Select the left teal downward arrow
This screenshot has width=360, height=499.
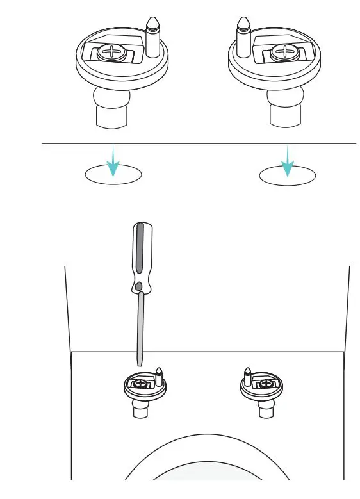[113, 163]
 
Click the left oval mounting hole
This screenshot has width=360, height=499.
[113, 174]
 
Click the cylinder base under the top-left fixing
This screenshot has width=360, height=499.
[111, 117]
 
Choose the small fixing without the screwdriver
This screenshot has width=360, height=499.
[261, 386]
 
